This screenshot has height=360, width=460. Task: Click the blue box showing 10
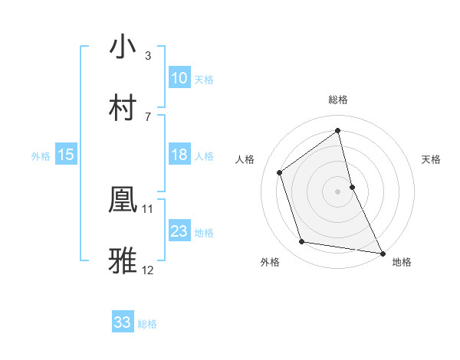(179, 78)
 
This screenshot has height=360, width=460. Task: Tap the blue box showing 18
(179, 155)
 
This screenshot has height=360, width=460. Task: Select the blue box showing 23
(179, 231)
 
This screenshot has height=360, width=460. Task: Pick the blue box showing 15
(66, 155)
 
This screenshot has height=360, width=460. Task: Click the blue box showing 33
(123, 322)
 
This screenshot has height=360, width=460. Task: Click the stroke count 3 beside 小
(148, 55)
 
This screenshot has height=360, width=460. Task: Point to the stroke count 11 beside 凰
(148, 208)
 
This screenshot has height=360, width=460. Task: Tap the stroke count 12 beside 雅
(148, 270)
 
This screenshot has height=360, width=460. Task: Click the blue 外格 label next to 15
(41, 155)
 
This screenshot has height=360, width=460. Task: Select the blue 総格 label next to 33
(147, 324)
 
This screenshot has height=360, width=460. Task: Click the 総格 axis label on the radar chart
(338, 100)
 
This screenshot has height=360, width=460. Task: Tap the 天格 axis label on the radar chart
(432, 159)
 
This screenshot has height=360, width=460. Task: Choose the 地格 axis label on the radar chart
(402, 263)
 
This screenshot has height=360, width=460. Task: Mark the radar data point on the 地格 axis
(381, 253)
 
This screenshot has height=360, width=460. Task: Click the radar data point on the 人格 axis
(280, 172)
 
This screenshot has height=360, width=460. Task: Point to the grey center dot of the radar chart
(338, 191)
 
